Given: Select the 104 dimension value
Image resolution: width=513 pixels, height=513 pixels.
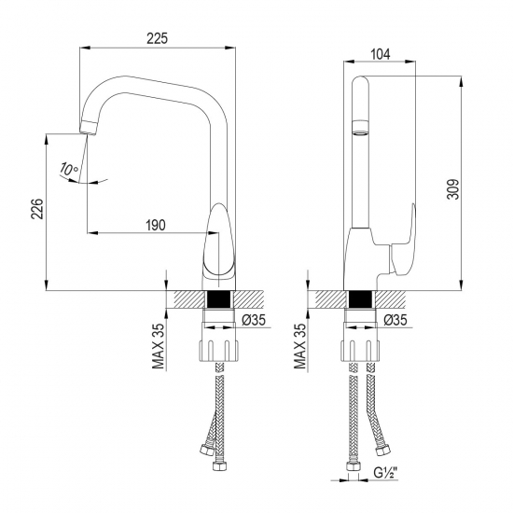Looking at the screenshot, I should pos(380,55).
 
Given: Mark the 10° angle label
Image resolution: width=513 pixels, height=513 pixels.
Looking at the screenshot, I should pos(67,169).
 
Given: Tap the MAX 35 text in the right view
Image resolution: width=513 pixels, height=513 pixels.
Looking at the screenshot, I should pos(299,346).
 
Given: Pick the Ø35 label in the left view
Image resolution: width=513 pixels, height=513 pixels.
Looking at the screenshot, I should pos(255,320).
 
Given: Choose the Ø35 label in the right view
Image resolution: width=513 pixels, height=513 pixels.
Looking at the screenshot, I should pos(396,320).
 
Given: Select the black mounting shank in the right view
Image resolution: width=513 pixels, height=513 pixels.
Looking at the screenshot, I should pos(360,300).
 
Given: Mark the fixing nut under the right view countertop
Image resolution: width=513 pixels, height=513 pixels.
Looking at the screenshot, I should pos(360,352).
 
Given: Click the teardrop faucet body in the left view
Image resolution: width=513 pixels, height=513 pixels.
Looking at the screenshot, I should pos(220,247).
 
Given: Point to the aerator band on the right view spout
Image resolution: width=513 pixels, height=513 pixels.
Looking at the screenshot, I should pos(360,127).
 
